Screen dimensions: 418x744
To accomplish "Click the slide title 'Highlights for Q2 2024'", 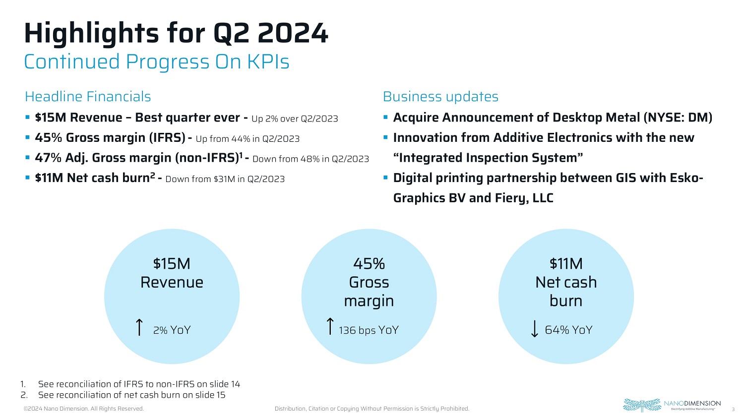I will (x=176, y=33).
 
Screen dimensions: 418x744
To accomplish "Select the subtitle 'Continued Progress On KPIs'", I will (x=157, y=62).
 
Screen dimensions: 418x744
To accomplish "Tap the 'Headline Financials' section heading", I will (x=88, y=97).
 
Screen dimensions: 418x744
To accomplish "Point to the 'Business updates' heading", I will (x=440, y=97).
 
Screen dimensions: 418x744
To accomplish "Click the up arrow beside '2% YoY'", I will (x=139, y=328).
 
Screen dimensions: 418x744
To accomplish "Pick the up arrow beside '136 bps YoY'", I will (x=330, y=327).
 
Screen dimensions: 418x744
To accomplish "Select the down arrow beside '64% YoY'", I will (x=534, y=328).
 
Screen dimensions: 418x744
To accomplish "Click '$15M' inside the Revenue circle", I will (x=172, y=264).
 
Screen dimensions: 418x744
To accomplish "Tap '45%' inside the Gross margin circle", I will (x=369, y=264).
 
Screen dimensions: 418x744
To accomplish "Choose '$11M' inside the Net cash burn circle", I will (x=566, y=264).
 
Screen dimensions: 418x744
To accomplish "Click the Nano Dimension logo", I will (x=672, y=405).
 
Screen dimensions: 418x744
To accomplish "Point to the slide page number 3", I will (x=733, y=409).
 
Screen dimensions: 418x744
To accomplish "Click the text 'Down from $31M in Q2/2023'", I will (x=225, y=179).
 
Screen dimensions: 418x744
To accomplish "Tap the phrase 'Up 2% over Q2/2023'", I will (x=295, y=119).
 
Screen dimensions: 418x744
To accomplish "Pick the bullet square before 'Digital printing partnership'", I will (x=385, y=178).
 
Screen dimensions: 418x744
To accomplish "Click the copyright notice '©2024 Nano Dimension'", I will (x=84, y=409).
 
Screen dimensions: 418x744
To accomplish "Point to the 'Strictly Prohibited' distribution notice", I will (x=372, y=409).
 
